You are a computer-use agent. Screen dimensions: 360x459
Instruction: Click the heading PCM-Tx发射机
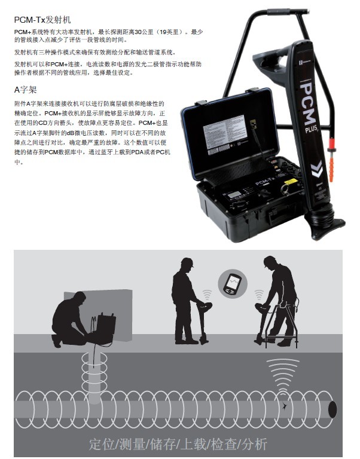tap(42, 20)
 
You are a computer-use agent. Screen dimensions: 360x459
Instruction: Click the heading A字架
tap(26, 90)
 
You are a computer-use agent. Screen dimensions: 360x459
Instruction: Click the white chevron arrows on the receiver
tap(317, 169)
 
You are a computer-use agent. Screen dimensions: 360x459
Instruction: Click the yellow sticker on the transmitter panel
tap(291, 182)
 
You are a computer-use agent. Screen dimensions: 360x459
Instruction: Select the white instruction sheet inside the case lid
tap(224, 132)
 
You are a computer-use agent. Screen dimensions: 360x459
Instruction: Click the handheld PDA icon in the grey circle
tap(232, 284)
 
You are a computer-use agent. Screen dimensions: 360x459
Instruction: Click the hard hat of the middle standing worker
tap(187, 261)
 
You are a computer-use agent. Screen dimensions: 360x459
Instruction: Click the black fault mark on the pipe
tap(284, 406)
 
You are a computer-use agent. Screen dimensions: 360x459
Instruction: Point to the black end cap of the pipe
tap(332, 409)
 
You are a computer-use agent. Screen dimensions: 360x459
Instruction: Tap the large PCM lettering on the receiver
tap(308, 105)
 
